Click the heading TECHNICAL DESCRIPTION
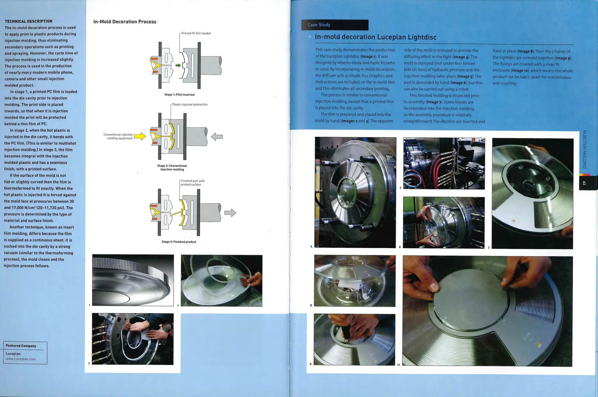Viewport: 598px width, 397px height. [x=28, y=21]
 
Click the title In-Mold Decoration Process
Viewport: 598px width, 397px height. [x=125, y=22]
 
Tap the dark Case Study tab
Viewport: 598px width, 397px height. [x=335, y=25]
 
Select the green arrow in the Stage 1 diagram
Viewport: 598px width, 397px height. [x=178, y=65]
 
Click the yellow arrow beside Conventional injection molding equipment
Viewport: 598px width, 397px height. [x=140, y=136]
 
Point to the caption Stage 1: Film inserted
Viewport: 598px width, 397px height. [x=179, y=95]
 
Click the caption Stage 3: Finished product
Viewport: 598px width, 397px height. [x=179, y=242]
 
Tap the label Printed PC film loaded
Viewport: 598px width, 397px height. [x=196, y=33]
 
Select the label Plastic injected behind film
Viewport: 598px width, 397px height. [x=190, y=105]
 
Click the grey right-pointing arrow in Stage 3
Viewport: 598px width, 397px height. [x=230, y=213]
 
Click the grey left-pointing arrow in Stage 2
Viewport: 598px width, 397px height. [x=217, y=136]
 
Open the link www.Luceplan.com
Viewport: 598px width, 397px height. [x=21, y=359]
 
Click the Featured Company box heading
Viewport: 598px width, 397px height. [x=21, y=346]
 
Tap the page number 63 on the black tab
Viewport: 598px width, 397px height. [x=584, y=183]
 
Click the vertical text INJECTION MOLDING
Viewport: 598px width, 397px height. [x=584, y=149]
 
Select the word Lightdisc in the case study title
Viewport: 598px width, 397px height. [x=422, y=37]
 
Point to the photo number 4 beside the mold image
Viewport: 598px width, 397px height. [x=311, y=247]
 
